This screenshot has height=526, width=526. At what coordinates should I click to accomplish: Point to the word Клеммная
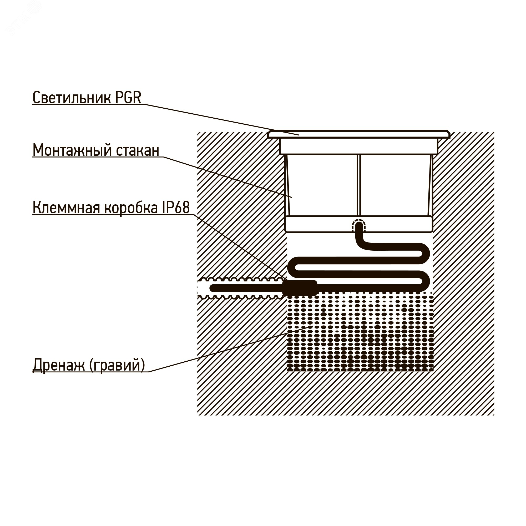pos(67,208)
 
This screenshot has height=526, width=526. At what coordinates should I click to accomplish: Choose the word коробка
pos(131,208)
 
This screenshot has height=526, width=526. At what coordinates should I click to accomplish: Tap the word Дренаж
pos(59,365)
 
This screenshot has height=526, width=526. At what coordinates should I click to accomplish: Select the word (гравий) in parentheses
pos(117,365)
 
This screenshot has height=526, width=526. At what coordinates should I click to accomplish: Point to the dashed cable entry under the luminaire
pos(359,226)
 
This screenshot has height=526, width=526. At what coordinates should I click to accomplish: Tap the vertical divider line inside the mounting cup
pos(358,185)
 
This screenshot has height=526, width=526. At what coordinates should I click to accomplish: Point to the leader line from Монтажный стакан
pos(229,177)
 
